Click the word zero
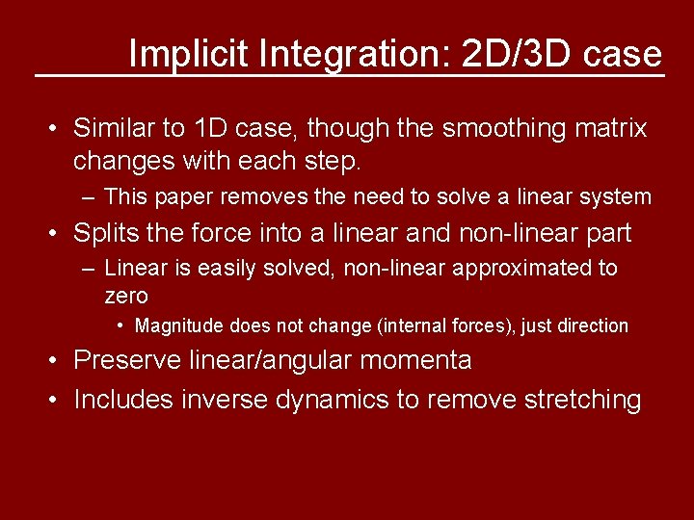coord(126,296)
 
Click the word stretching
coord(582,399)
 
